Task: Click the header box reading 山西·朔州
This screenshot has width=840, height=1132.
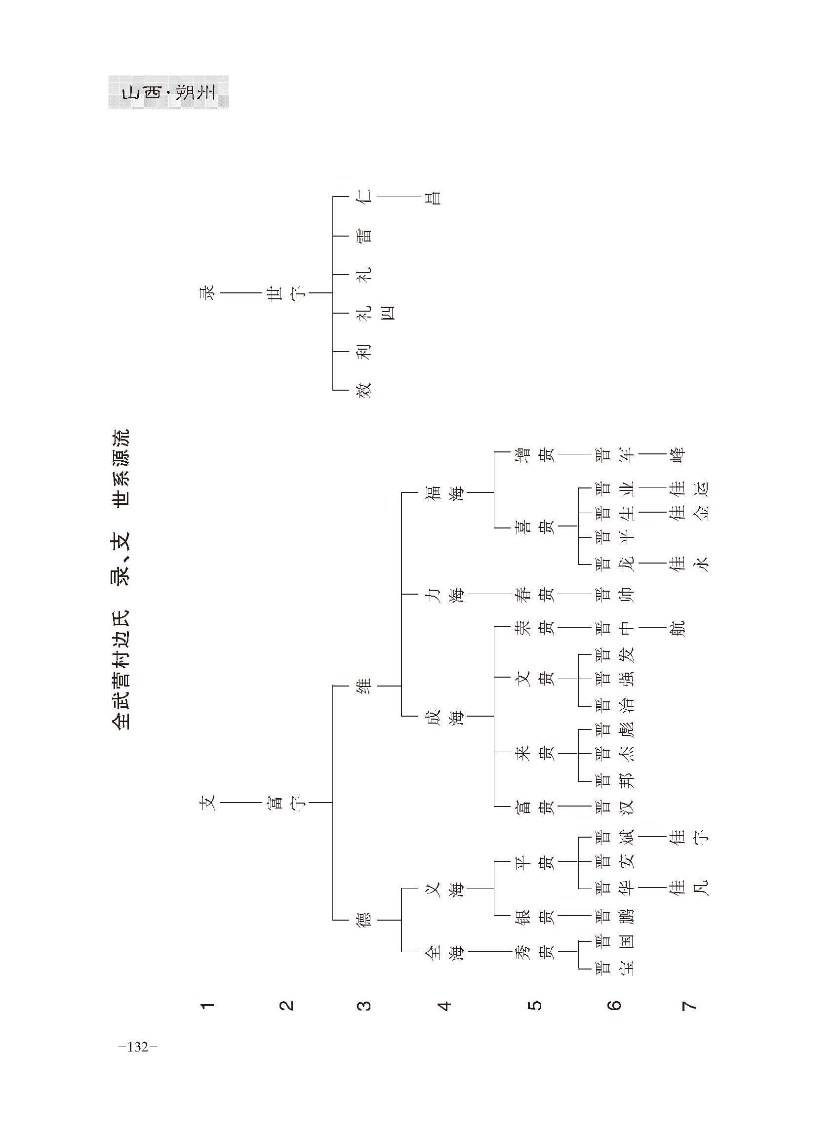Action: tap(168, 92)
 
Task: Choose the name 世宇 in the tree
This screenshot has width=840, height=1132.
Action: tap(287, 293)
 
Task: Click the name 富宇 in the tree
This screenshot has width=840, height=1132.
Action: tap(287, 803)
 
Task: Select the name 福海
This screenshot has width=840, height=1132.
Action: tap(445, 492)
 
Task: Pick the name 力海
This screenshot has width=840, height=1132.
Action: tap(445, 594)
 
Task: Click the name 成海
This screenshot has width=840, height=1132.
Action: tap(445, 716)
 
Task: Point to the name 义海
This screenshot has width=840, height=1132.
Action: tap(445, 889)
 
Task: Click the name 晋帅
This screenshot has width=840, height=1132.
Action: tap(615, 594)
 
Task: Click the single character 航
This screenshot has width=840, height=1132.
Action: tap(678, 629)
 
